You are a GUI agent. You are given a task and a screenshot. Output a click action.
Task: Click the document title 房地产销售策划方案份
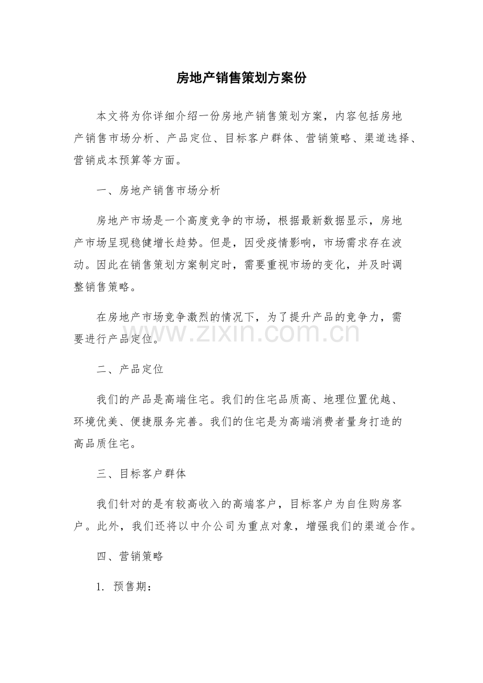(x=241, y=78)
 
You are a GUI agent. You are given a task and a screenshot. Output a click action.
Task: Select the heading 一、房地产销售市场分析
(x=159, y=190)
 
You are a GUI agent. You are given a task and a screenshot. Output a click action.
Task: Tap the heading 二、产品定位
(x=130, y=369)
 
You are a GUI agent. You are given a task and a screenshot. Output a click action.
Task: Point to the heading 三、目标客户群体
(x=141, y=474)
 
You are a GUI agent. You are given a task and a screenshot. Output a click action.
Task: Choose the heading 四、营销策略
(x=130, y=557)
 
